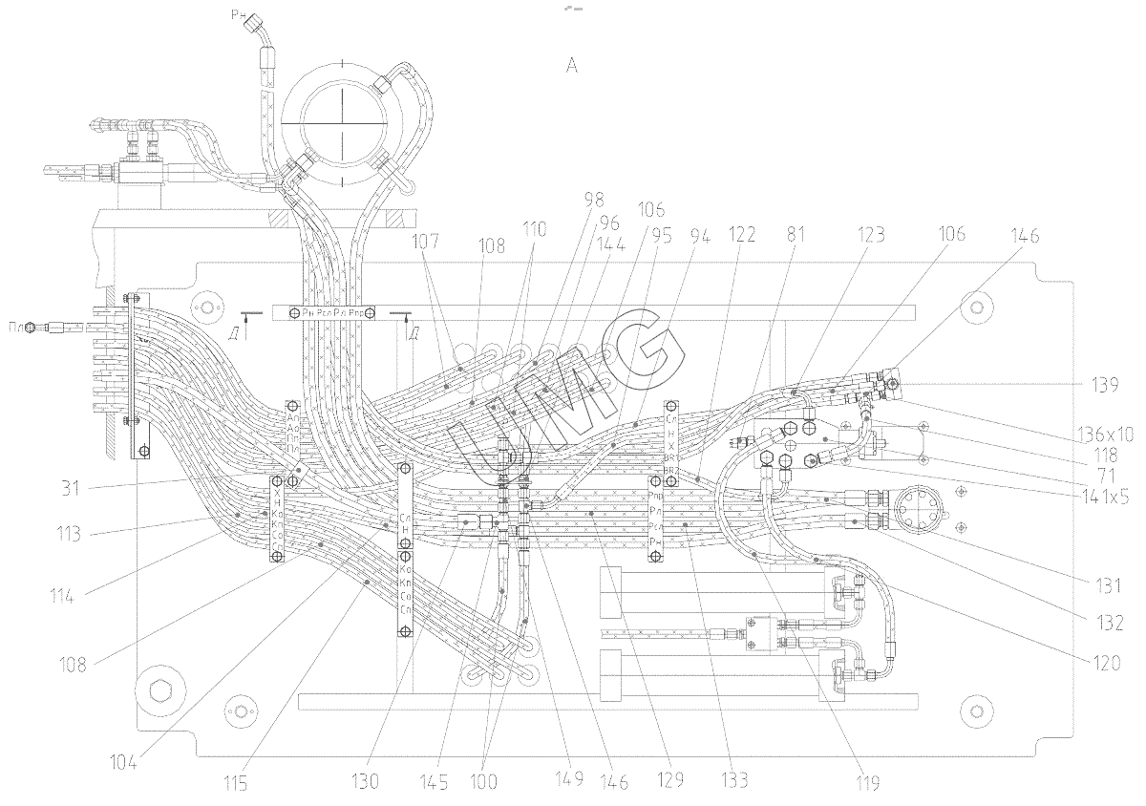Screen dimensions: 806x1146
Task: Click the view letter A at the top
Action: [572, 65]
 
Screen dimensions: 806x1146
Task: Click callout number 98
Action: [594, 199]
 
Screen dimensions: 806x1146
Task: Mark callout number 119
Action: [867, 782]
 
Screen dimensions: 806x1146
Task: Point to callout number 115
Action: [236, 784]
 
